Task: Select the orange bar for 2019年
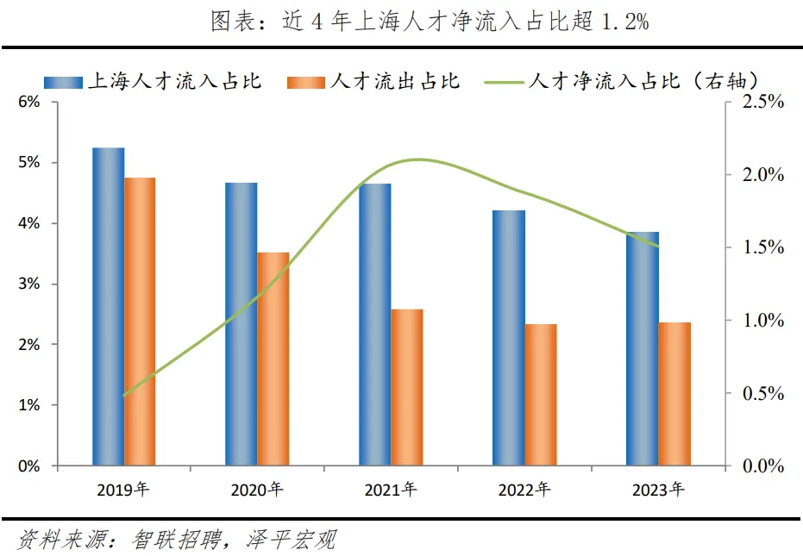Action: pyautogui.click(x=140, y=321)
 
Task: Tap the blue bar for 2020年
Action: pyautogui.click(x=242, y=323)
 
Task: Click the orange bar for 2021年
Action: pyautogui.click(x=407, y=387)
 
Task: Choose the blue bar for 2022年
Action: pyautogui.click(x=509, y=338)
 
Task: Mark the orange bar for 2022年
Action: pyautogui.click(x=541, y=395)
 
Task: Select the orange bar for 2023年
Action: pyautogui.click(x=674, y=394)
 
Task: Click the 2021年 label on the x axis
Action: pyautogui.click(x=391, y=490)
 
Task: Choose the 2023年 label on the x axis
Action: pyautogui.click(x=658, y=490)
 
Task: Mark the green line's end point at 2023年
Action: pyautogui.click(x=659, y=247)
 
